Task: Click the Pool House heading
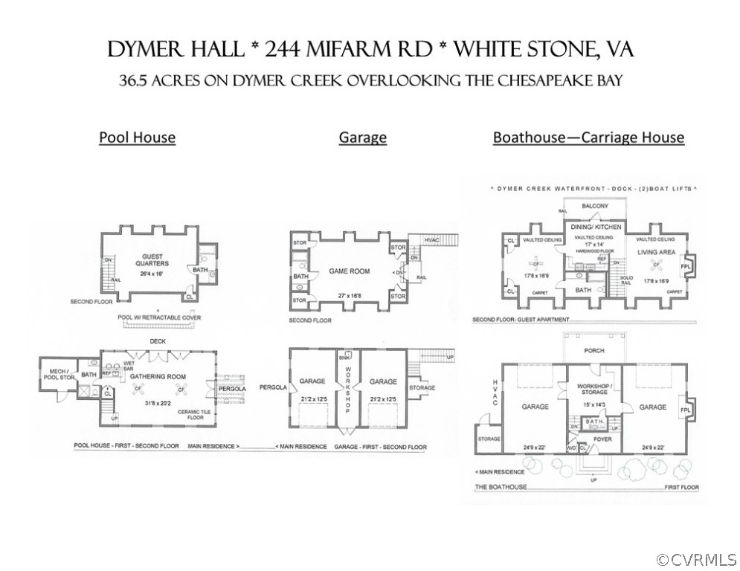[x=138, y=138]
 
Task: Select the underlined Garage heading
[x=362, y=138]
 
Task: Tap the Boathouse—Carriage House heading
[x=588, y=138]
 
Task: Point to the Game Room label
[x=349, y=271]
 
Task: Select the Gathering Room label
[x=157, y=377]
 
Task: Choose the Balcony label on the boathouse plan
[x=595, y=206]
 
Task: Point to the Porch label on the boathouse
[x=594, y=350]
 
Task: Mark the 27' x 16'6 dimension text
[x=348, y=296]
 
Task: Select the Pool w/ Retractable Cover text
[x=159, y=317]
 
